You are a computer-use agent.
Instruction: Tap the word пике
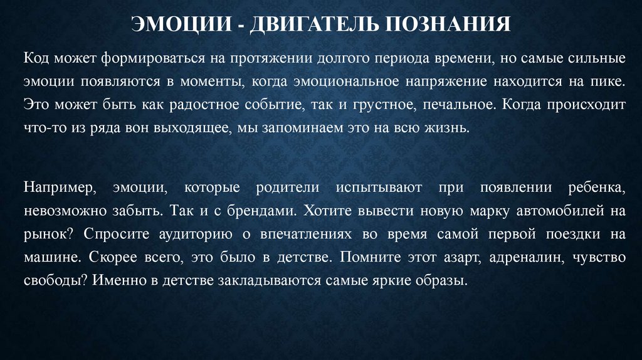click(610, 82)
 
